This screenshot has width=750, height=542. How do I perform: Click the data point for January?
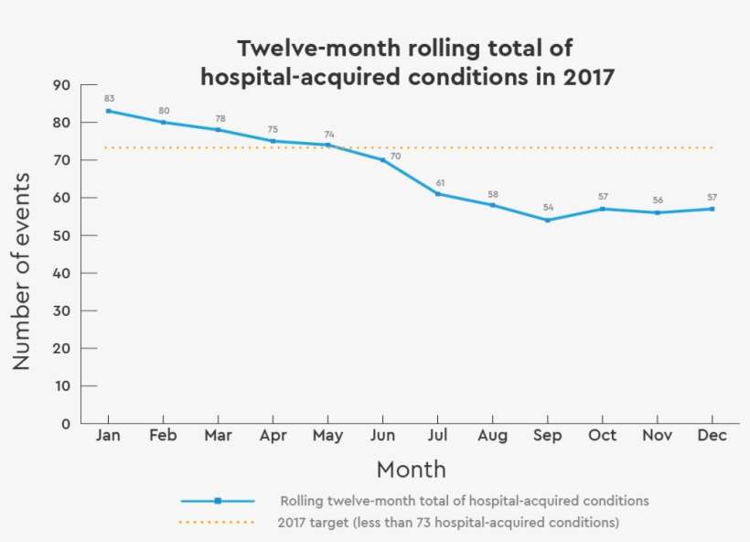(x=108, y=111)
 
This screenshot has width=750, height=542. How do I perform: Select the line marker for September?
(x=547, y=220)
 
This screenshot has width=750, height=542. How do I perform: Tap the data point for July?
(x=437, y=193)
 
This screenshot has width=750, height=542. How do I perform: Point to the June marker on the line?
(x=382, y=159)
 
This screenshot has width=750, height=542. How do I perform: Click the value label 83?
(x=109, y=98)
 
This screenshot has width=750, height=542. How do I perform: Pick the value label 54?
(x=548, y=207)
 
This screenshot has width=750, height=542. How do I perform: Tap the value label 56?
(x=658, y=200)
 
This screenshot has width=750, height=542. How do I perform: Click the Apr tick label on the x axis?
(x=273, y=436)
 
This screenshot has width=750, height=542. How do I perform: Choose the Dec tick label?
(x=712, y=436)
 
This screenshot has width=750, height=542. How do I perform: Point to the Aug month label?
(x=492, y=436)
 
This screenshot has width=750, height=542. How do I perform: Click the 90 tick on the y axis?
(x=62, y=85)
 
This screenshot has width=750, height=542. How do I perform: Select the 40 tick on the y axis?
(x=62, y=273)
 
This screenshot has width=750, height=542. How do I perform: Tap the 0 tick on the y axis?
(x=66, y=424)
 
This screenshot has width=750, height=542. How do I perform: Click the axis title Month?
(x=411, y=470)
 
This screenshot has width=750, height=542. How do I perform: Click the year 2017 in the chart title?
(x=588, y=77)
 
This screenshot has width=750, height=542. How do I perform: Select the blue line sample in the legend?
(x=218, y=501)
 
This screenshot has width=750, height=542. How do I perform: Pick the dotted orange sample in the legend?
(x=218, y=523)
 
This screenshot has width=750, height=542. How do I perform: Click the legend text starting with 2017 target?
(x=448, y=523)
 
